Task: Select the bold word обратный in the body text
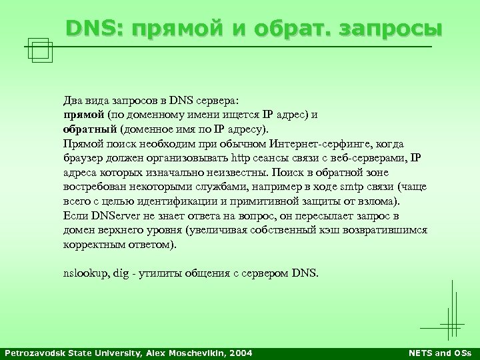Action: [89, 129]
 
